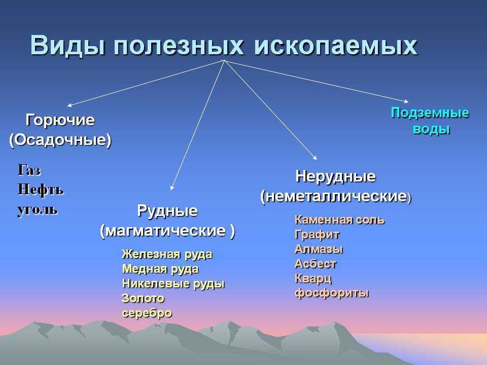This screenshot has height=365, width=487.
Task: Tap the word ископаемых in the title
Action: click(336, 46)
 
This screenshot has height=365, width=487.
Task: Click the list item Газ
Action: click(29, 170)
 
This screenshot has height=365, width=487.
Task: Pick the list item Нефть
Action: click(41, 189)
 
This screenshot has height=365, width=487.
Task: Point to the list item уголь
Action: click(38, 210)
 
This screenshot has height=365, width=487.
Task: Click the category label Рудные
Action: click(167, 211)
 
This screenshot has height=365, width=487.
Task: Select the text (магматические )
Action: click(167, 231)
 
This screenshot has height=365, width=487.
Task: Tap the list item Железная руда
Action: click(167, 254)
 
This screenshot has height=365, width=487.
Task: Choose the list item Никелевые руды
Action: click(173, 284)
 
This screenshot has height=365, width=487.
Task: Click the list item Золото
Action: click(143, 298)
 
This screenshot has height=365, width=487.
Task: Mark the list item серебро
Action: click(147, 313)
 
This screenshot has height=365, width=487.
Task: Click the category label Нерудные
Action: click(335, 176)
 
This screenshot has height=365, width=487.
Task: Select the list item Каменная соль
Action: click(339, 220)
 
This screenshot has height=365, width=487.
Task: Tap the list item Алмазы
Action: click(319, 249)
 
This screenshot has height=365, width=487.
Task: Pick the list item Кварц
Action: click(313, 279)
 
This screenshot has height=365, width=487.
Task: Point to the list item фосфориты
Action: click(332, 293)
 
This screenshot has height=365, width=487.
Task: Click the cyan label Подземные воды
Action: click(430, 121)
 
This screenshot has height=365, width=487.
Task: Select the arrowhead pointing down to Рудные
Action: click(172, 188)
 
